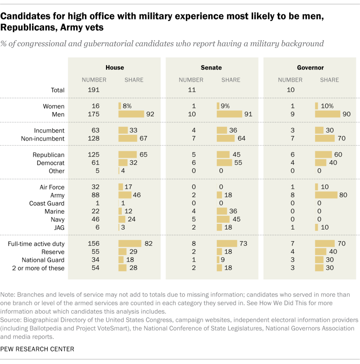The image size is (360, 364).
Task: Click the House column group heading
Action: pyautogui.click(x=115, y=67)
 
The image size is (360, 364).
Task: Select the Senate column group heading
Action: pyautogui.click(x=211, y=67)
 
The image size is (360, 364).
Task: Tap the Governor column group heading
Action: pyautogui.click(x=310, y=67)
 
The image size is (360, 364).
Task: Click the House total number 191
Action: pyautogui.click(x=94, y=90)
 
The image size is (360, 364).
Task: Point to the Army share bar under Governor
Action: pyautogui.click(x=326, y=195)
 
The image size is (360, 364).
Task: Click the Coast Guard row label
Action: pyautogui.click(x=47, y=203)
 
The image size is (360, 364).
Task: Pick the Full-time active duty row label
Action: pyautogui.click(x=36, y=244)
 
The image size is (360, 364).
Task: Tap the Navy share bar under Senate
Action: pyautogui.click(x=223, y=219)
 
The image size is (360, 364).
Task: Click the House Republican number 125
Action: pyautogui.click(x=94, y=155)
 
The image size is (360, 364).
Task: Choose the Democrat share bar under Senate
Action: pyautogui.click(x=224, y=163)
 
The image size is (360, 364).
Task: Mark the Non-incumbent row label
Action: pyautogui.click(x=43, y=138)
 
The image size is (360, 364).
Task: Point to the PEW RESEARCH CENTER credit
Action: pyautogui.click(x=37, y=349)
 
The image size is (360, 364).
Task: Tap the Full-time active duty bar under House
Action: pyautogui.click(x=130, y=244)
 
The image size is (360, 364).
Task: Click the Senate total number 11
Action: pyautogui.click(x=192, y=90)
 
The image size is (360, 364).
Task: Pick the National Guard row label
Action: pyautogui.click(x=43, y=260)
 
